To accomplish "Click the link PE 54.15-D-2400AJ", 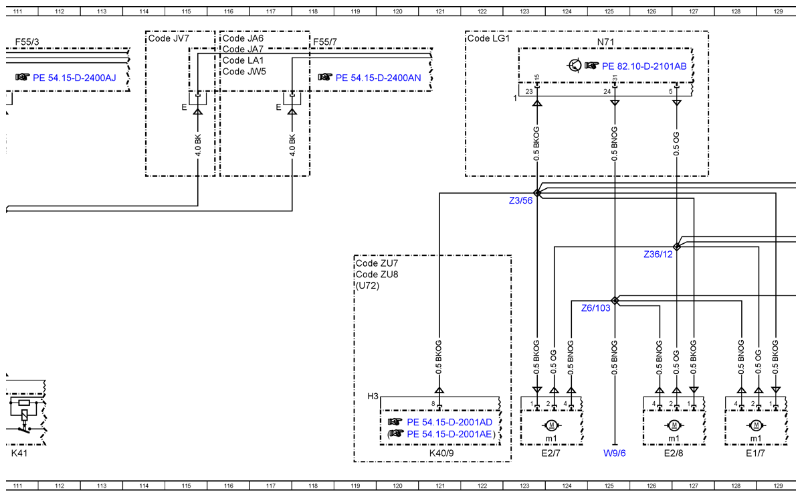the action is tap(74, 78).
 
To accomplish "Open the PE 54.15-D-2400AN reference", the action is tap(378, 78).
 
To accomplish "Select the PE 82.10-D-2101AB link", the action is tap(644, 66).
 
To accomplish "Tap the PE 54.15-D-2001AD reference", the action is tap(449, 422).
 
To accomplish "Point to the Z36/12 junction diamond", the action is tap(677, 246).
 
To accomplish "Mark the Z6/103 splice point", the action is tap(615, 300).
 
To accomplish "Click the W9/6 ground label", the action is tap(614, 453).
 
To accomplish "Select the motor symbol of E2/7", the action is tap(551, 425).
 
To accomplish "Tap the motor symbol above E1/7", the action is tap(755, 425).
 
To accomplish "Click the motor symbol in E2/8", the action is tap(674, 425).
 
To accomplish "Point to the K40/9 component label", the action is tap(441, 453).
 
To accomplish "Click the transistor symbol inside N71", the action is tap(575, 66).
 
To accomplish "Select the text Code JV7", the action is tap(169, 38).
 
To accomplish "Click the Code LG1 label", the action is tap(488, 38).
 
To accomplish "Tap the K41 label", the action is tap(19, 453).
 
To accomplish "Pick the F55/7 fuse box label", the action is tap(325, 42).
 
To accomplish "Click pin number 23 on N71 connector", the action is tap(529, 92).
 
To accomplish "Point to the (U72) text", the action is tap(367, 285).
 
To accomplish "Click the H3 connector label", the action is tap(373, 396).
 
